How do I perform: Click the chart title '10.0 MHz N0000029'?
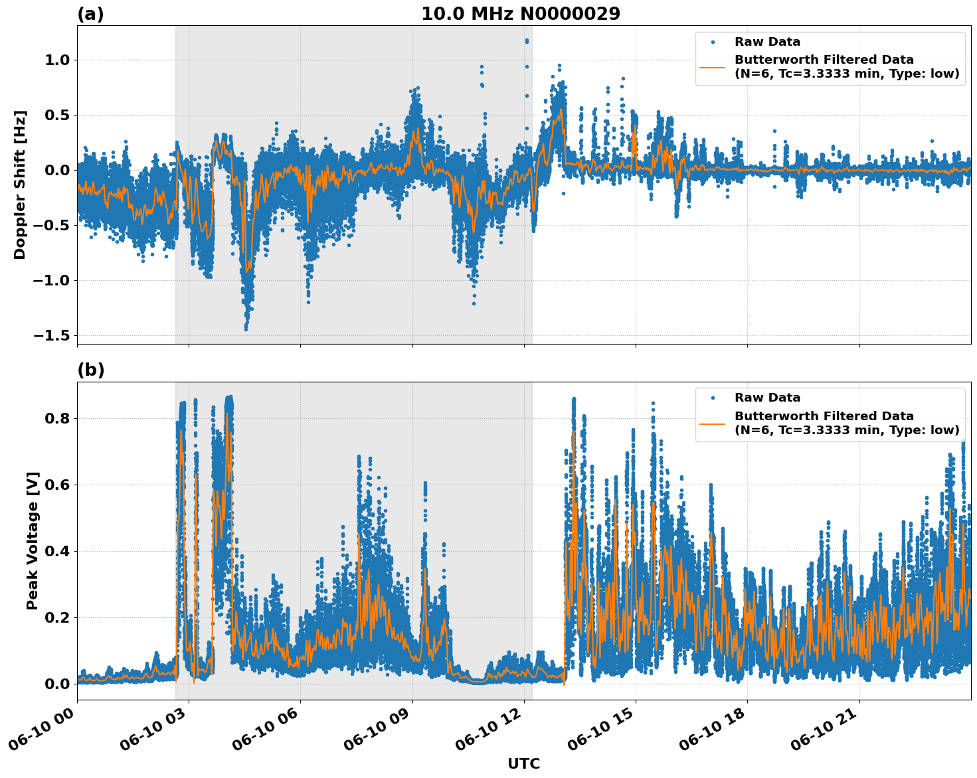coord(520,14)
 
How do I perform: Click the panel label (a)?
coord(90,14)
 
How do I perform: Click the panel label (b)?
coord(90,370)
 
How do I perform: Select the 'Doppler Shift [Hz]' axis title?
coord(20,185)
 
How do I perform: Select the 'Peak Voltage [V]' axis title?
coord(33,540)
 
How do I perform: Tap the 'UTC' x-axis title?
coord(523,763)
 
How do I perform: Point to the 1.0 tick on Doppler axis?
coord(55,60)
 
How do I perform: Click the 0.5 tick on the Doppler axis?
coord(55,115)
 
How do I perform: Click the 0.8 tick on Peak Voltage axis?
coord(55,418)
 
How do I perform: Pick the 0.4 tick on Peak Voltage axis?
coord(55,551)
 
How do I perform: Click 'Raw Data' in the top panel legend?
coord(767,42)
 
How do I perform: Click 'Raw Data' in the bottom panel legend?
coord(767,398)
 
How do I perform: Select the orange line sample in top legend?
coord(713,66)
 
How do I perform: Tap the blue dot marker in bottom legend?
coord(713,398)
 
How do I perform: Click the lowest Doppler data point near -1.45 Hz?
coord(246,329)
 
